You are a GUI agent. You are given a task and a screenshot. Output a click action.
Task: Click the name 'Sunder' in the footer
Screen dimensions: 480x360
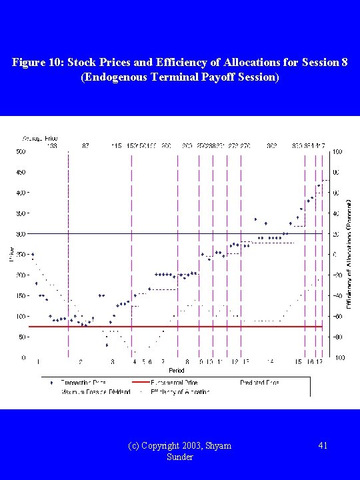(180, 457)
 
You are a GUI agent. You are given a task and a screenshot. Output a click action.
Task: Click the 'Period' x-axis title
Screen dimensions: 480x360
(177, 369)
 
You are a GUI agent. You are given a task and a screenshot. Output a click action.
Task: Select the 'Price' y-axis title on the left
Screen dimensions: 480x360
(11, 254)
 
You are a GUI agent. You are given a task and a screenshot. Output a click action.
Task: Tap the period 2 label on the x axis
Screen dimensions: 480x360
(81, 362)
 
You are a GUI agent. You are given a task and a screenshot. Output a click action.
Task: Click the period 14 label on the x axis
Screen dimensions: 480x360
(270, 362)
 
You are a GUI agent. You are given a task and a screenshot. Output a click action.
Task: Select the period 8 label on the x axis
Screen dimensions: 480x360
(187, 362)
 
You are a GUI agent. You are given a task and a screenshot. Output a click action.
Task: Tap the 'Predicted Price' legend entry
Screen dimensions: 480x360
(260, 383)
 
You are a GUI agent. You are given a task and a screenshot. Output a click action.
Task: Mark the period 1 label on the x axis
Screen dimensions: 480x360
(39, 362)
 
